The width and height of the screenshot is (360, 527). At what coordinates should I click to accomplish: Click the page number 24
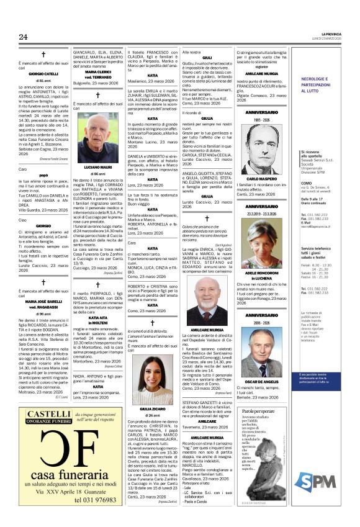pyautogui.click(x=23, y=37)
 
